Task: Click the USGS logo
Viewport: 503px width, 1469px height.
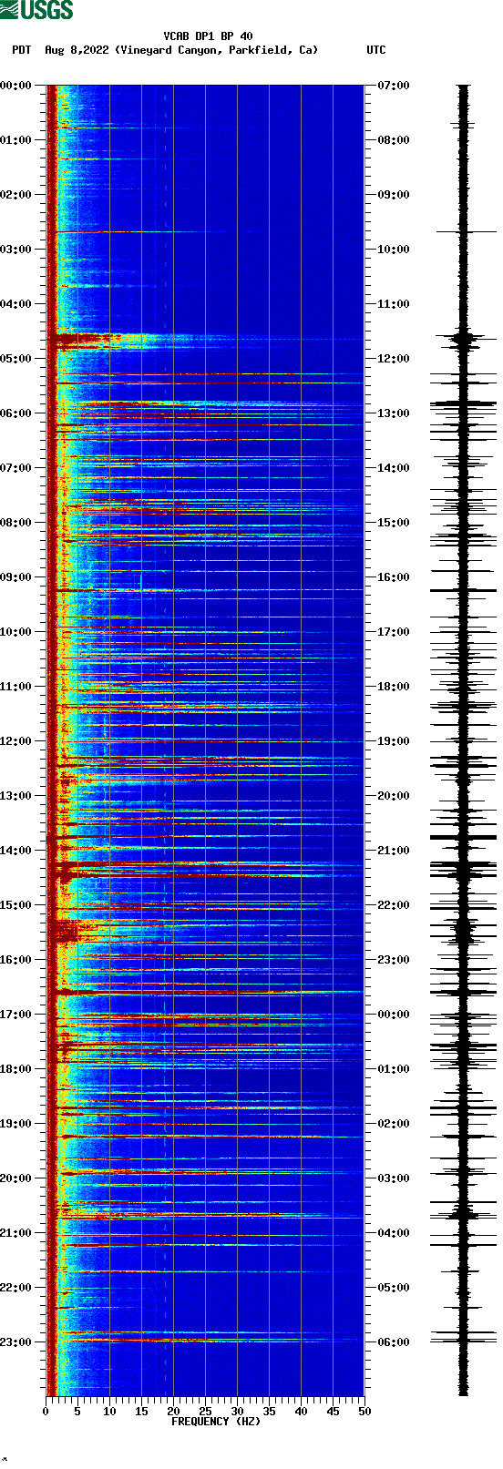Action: pos(36,10)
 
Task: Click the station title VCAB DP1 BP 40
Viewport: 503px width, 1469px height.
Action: pos(208,36)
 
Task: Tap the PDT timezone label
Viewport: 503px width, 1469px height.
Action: pos(21,50)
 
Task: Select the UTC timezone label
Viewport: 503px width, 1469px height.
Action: pos(375,50)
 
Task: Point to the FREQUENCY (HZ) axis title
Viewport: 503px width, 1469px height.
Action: pos(216,1421)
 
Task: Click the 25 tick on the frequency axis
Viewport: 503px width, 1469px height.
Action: pos(205,1412)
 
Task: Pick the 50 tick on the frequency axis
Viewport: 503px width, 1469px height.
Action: pos(364,1412)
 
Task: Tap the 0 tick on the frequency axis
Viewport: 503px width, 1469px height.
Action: pos(46,1412)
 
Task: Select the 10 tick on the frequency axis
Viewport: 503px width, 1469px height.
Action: pos(109,1412)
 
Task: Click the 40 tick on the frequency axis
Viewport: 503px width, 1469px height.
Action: pos(301,1412)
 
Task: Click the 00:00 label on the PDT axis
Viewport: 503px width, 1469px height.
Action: pos(16,86)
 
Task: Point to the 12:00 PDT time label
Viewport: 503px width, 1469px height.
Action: pos(16,741)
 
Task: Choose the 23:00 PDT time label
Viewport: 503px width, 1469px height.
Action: pos(16,1342)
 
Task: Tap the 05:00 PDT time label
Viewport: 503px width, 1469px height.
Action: pos(16,359)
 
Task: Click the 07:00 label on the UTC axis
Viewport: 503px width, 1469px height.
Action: pos(393,86)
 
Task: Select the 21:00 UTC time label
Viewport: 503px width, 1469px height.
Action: pos(393,851)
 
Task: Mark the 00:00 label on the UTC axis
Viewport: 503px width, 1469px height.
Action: pos(393,1015)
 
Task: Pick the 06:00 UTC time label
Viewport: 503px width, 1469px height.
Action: pos(393,1342)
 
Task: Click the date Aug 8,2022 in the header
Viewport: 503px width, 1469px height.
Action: pos(77,50)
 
